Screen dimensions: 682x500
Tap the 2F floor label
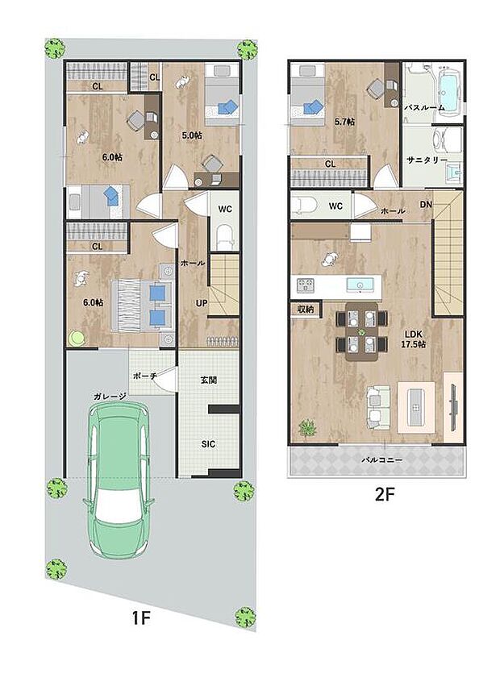(x=384, y=495)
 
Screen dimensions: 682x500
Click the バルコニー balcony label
(x=382, y=460)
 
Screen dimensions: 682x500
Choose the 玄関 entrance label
(x=207, y=380)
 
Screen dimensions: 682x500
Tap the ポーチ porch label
(x=144, y=376)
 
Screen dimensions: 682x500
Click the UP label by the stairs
(x=202, y=303)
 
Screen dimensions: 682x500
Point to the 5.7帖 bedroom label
(x=344, y=123)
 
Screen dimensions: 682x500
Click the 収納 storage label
(x=304, y=308)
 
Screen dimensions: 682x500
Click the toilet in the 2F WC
(x=306, y=205)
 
